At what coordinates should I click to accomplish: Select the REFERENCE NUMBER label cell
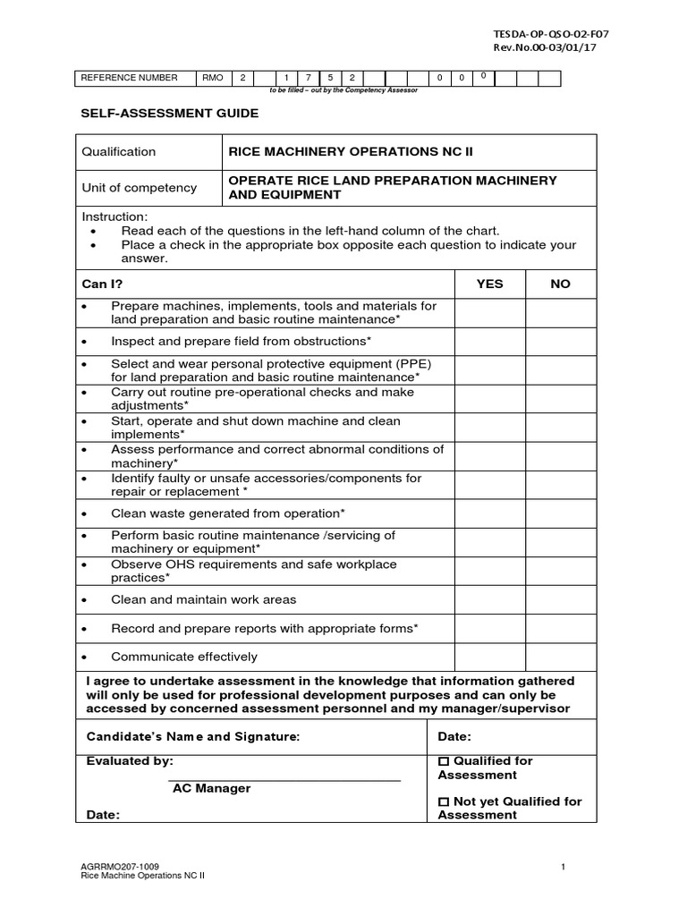pos(130,79)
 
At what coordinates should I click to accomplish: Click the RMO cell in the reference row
pos(212,79)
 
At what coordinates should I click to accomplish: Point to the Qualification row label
pos(119,152)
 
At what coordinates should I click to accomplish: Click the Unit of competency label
pos(139,188)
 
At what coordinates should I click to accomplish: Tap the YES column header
pos(489,284)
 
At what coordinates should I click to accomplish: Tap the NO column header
pos(560,284)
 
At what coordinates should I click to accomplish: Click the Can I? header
pos(103,284)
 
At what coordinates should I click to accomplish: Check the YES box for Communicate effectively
pos(489,657)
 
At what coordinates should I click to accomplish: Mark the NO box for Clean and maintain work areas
pos(560,599)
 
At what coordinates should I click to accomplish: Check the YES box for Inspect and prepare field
pos(489,342)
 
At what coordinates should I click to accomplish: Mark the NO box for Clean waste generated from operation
pos(560,513)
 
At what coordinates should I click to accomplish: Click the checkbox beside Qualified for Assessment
pos(444,761)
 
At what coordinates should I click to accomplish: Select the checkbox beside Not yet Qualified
pos(444,802)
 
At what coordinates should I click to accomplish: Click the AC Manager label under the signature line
pos(211,789)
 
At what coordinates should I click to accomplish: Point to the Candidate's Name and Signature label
pos(192,736)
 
